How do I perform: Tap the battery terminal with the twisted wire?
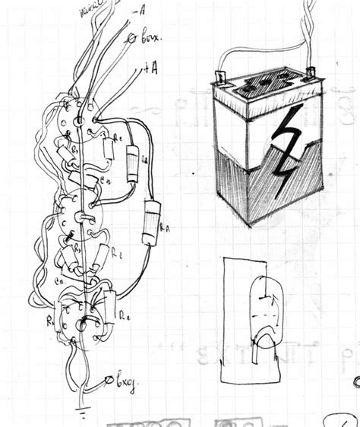[309, 72]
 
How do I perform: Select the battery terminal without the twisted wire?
[219, 77]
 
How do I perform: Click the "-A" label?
[139, 11]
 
